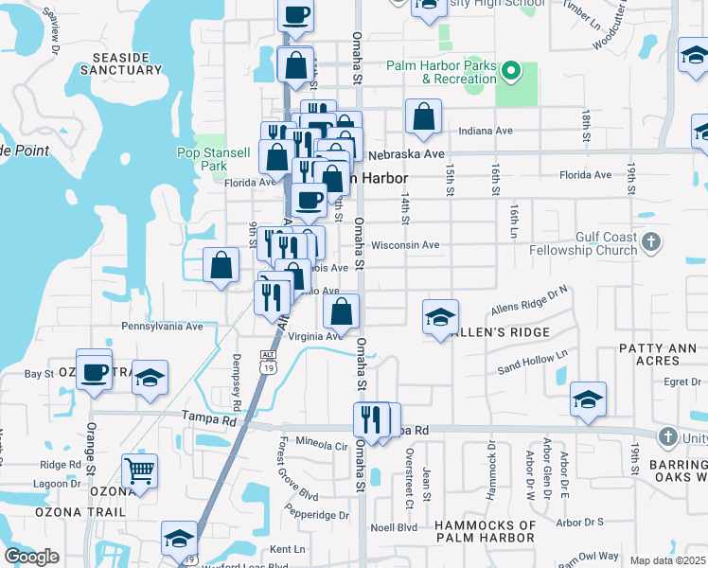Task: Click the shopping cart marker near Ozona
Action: coord(139,470)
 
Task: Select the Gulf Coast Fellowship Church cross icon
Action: coord(649,242)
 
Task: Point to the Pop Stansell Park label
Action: coord(214,159)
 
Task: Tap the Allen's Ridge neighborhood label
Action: coord(504,332)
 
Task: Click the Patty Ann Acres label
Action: coord(658,355)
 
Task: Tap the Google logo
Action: coord(31,557)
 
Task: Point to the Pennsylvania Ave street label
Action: coord(162,326)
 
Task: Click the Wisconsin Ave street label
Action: coord(405,245)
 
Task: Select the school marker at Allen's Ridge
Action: coord(440,317)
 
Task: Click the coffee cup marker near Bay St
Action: coord(94,370)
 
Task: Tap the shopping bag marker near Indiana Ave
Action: coord(423,116)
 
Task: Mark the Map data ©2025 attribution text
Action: coord(667,560)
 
